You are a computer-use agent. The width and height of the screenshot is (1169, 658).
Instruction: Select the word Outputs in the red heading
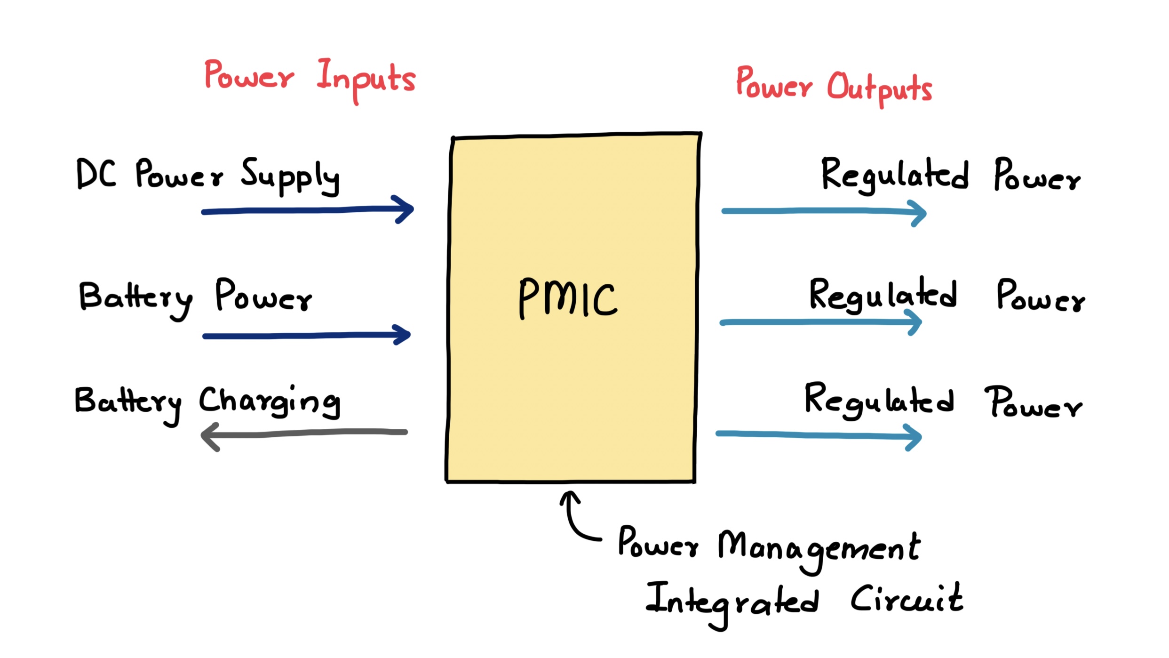[879, 88]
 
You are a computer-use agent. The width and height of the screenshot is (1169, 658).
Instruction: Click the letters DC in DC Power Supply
[96, 174]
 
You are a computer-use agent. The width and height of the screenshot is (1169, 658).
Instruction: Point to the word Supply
[290, 177]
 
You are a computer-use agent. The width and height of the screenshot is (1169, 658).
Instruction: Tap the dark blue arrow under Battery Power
[306, 336]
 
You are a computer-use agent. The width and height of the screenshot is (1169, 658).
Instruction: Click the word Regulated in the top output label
[894, 175]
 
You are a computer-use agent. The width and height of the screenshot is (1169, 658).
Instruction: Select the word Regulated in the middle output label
[883, 295]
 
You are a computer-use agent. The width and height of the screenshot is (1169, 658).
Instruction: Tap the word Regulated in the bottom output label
[879, 400]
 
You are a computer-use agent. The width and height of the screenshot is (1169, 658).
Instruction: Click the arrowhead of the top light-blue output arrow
[919, 213]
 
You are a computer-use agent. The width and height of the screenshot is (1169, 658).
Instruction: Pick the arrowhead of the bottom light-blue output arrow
[915, 437]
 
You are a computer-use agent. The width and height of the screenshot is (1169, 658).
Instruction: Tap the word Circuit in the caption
[907, 599]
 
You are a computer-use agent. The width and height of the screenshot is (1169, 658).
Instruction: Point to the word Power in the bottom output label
[1033, 403]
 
